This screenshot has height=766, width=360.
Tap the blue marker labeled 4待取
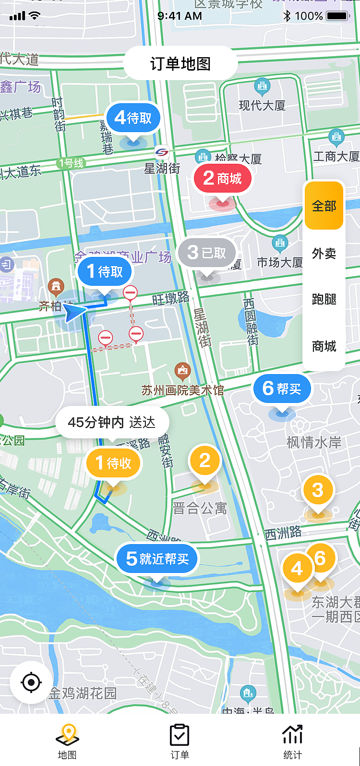click(x=133, y=118)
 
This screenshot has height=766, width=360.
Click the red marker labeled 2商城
click(x=223, y=179)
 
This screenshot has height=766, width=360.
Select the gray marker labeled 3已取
click(x=207, y=252)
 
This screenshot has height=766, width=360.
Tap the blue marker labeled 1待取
click(x=105, y=272)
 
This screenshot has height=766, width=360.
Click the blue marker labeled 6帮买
click(x=282, y=389)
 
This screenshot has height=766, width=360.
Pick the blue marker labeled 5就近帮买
click(x=157, y=559)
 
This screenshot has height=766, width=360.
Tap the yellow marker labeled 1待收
click(x=113, y=463)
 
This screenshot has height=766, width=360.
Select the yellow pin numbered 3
click(x=318, y=491)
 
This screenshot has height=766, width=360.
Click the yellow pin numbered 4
click(x=297, y=569)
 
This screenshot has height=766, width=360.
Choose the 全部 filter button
click(x=324, y=206)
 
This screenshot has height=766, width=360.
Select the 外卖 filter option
click(x=324, y=253)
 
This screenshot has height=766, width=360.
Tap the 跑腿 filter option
click(x=324, y=299)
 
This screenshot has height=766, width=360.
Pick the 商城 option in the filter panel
click(x=324, y=346)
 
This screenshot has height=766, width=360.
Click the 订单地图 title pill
click(x=180, y=63)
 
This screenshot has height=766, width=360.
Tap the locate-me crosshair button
click(x=32, y=682)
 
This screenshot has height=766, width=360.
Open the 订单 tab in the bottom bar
click(x=180, y=741)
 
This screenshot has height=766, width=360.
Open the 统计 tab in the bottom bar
click(x=292, y=741)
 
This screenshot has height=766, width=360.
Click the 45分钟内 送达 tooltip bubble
click(x=112, y=423)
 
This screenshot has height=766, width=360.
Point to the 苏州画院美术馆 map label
click(x=182, y=390)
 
